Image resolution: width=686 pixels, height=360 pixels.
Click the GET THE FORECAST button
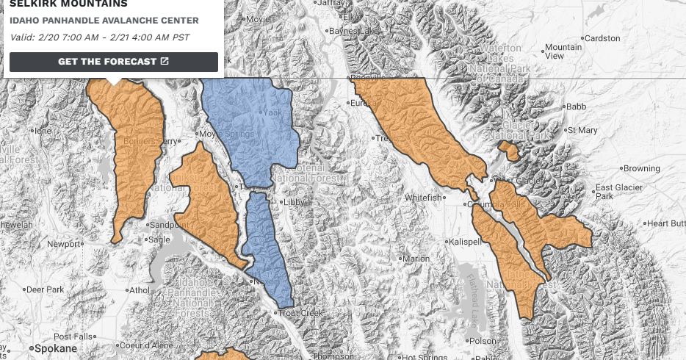tap(114, 62)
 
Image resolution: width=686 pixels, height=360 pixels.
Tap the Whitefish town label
tap(424, 198)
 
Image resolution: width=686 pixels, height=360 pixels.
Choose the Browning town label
tap(641, 168)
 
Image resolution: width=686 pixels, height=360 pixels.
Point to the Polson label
tap(482, 341)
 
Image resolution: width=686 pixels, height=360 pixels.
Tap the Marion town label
tap(415, 259)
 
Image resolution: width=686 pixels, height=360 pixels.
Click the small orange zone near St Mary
tap(508, 150)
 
